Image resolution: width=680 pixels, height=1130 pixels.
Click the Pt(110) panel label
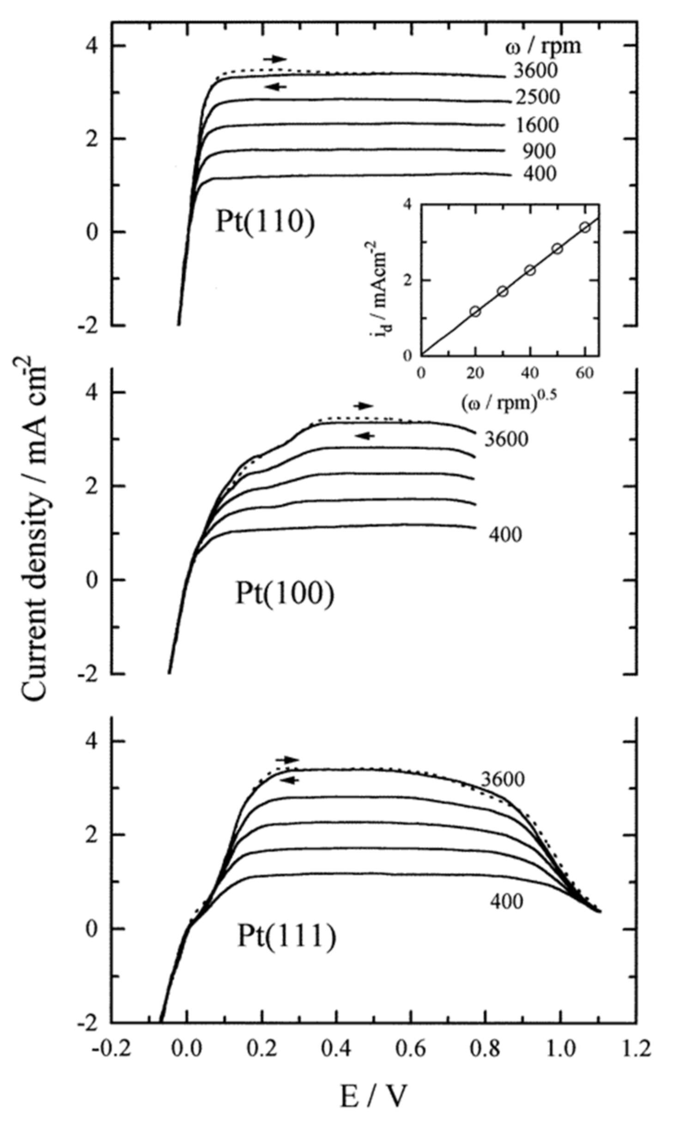pos(265,222)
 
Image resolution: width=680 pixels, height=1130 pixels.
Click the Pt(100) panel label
pos(285,593)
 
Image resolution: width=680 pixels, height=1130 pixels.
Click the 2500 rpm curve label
pos(537,97)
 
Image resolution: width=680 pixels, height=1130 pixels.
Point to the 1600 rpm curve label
pos(537,125)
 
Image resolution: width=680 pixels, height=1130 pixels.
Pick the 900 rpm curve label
pos(539,151)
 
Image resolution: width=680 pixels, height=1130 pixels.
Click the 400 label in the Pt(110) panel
pos(540,174)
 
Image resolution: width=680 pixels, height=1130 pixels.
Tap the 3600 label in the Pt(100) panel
pos(506,439)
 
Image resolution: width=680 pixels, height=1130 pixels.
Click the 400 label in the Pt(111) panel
pos(506,902)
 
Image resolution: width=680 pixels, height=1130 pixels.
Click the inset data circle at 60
pos(585,227)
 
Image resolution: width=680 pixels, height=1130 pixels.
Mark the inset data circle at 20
pos(475,311)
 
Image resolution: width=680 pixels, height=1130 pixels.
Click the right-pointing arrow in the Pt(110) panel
pos(275,59)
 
